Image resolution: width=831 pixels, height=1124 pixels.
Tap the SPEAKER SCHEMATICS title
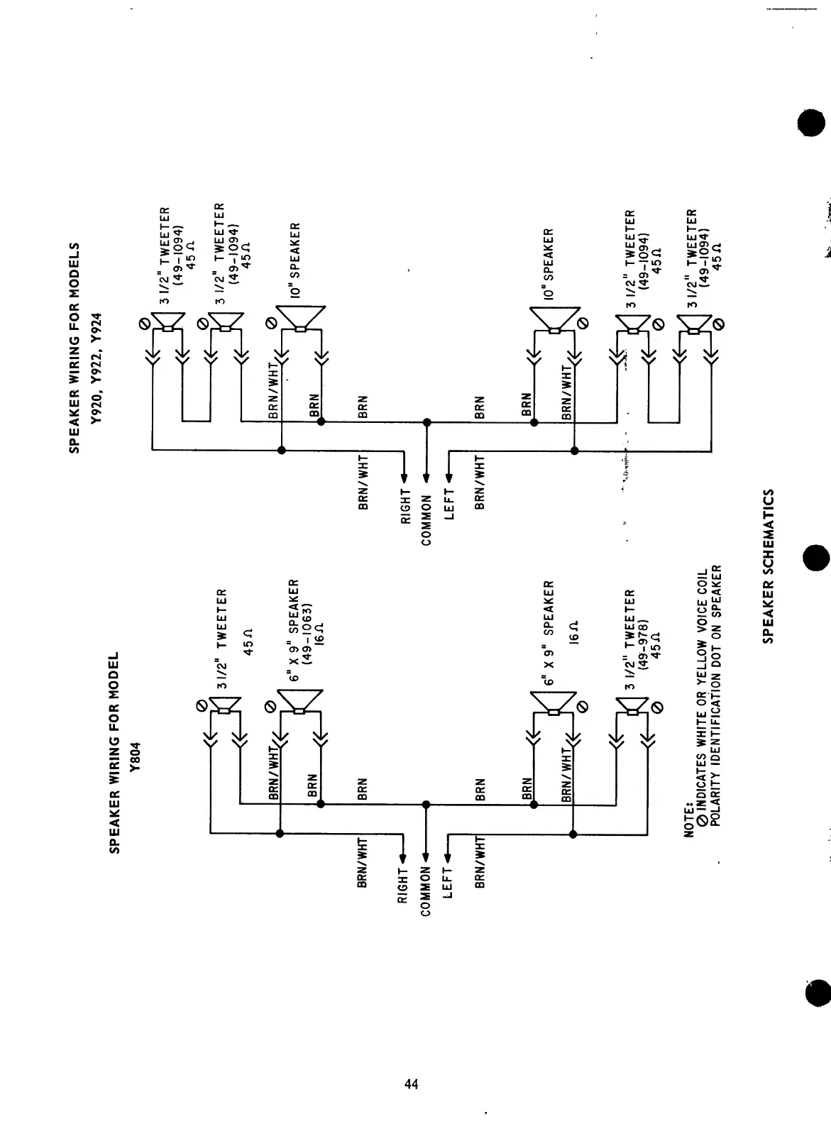[x=768, y=566]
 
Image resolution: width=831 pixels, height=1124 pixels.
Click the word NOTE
[x=687, y=821]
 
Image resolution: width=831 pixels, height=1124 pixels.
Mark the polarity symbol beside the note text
[x=701, y=821]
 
